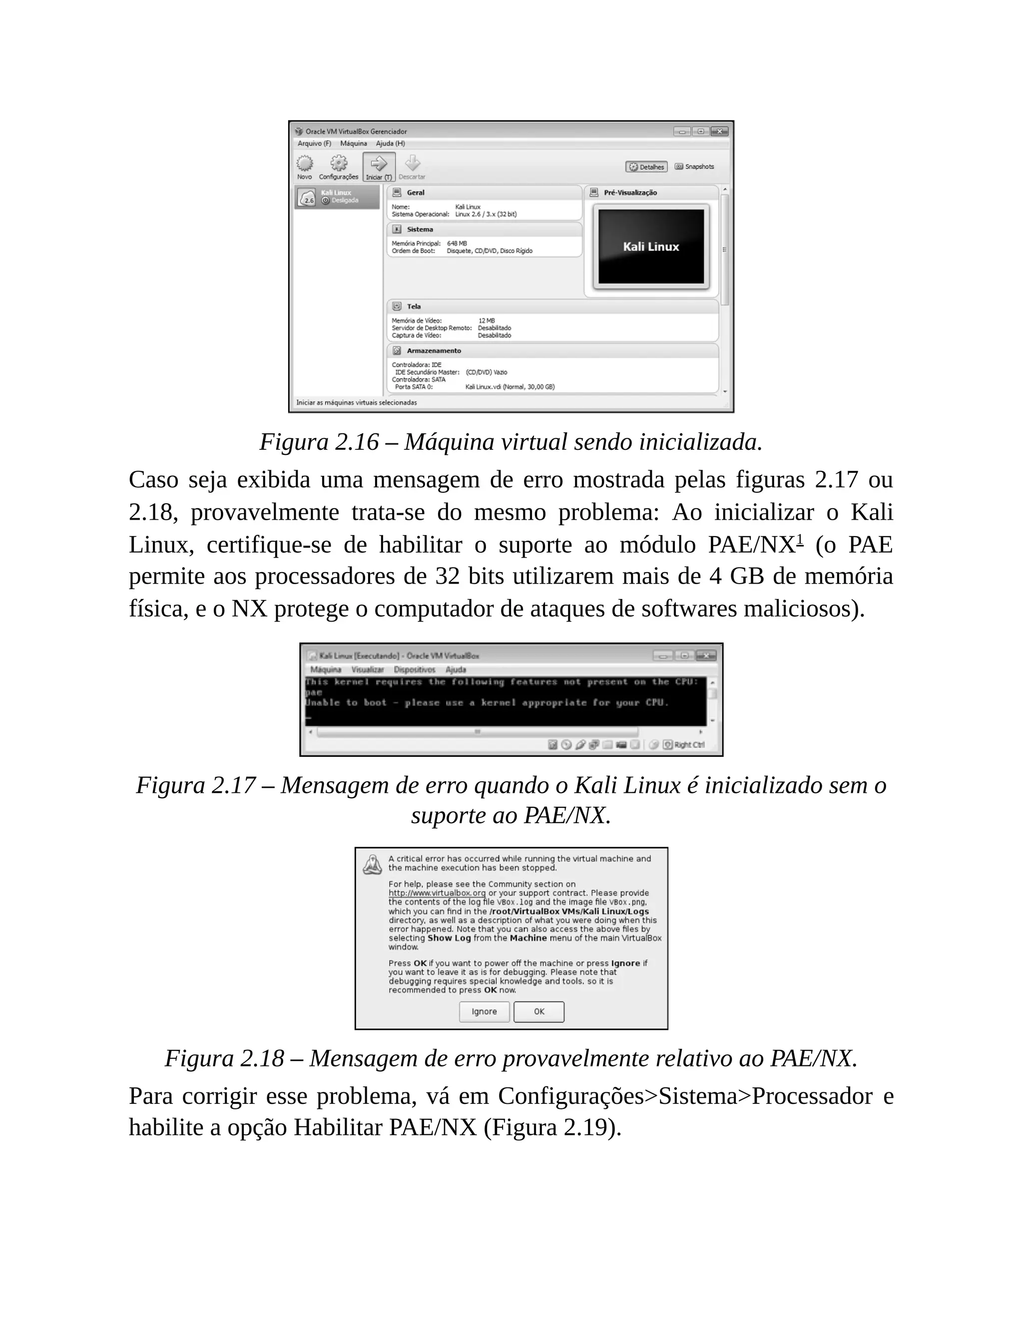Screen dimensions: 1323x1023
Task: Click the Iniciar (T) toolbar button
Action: tap(379, 166)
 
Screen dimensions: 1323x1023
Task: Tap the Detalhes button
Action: tap(647, 167)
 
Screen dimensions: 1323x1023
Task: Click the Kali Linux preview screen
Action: tap(651, 247)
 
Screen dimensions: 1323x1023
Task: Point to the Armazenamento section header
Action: tap(433, 351)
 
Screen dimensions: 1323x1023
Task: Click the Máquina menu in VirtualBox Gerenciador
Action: tap(353, 144)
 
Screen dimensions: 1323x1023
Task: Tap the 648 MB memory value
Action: tap(457, 244)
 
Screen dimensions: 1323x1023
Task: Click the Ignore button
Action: tap(484, 1011)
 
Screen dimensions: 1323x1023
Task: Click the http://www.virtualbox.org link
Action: tap(437, 893)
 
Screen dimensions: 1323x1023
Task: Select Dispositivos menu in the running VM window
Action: tap(414, 669)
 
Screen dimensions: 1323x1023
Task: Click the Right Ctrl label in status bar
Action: tap(689, 744)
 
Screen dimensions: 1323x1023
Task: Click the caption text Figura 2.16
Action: tap(319, 442)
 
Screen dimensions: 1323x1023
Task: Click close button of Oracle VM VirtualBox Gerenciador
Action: tap(719, 131)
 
